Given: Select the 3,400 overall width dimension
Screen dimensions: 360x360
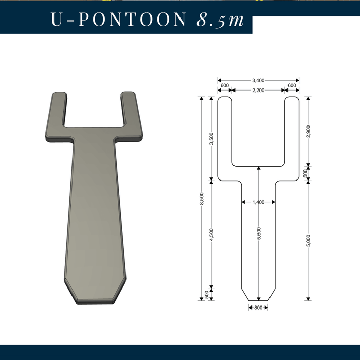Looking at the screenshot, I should click(x=258, y=80).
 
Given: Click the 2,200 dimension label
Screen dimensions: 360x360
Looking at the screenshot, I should click(x=258, y=90).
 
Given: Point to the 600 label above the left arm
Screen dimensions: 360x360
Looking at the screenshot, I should click(x=224, y=85).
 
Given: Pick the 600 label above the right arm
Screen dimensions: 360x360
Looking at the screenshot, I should click(x=292, y=85).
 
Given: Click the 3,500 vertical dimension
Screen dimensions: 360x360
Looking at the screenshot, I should click(x=211, y=139).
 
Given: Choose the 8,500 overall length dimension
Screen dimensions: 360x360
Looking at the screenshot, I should click(x=202, y=199).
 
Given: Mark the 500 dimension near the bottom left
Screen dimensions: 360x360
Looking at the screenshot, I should click(x=207, y=294).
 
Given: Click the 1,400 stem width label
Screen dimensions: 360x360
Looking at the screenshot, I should click(x=258, y=202).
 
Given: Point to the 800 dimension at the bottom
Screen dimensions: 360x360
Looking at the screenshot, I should click(x=258, y=308).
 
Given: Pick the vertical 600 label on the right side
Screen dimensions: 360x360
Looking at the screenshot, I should click(x=305, y=174).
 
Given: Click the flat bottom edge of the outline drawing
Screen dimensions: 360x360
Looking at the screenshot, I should click(x=258, y=300).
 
